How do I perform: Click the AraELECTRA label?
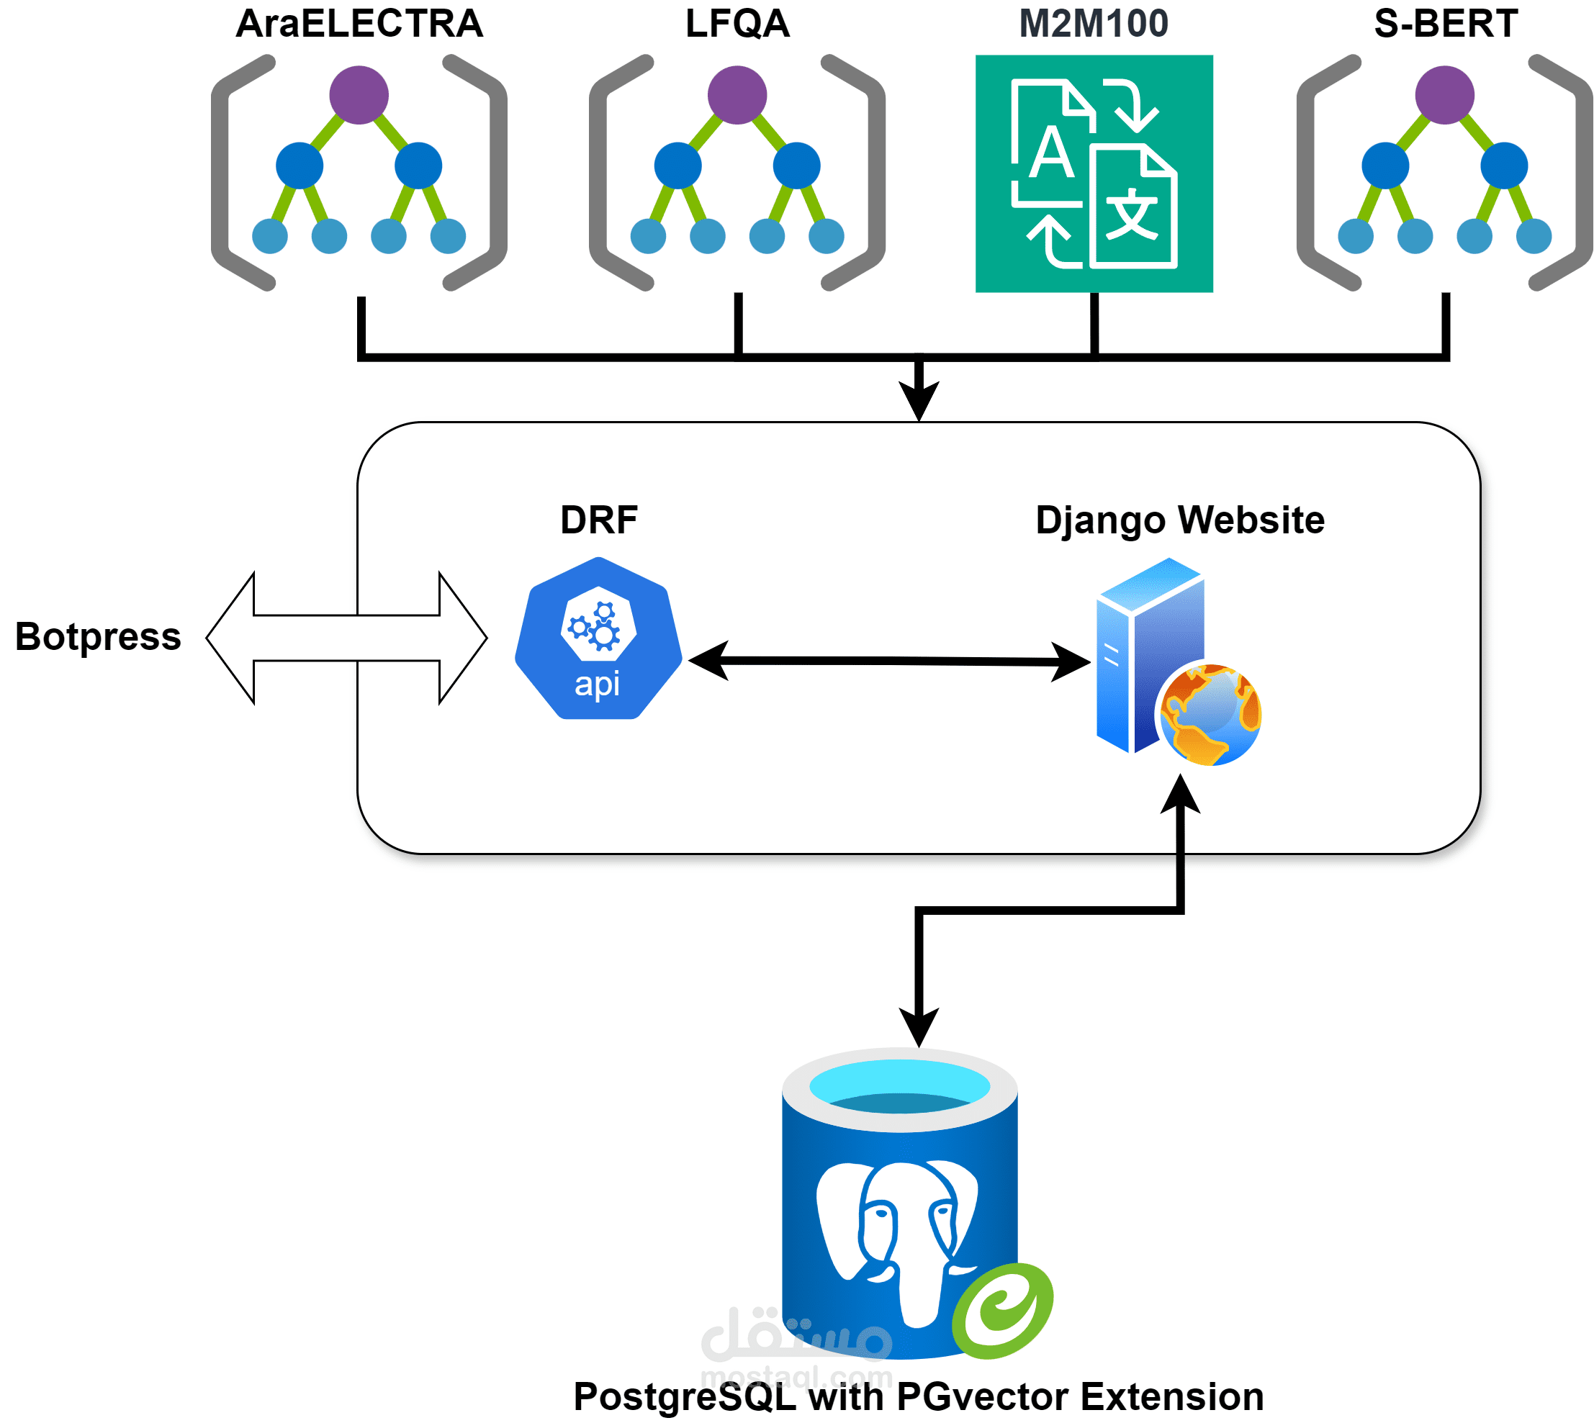coord(359,24)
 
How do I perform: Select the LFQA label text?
coord(737,24)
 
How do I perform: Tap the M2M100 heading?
coord(1093,24)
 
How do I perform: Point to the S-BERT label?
coord(1446,24)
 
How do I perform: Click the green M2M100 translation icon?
coord(1094,173)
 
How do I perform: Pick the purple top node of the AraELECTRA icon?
coord(359,94)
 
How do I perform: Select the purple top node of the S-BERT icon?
coord(1445,94)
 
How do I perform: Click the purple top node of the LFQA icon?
coord(737,94)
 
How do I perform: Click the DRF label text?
coord(599,520)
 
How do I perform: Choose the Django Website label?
coord(1179,520)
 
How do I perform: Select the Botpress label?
coord(98,636)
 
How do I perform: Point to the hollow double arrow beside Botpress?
coord(346,638)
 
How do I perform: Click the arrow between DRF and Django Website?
coord(888,661)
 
